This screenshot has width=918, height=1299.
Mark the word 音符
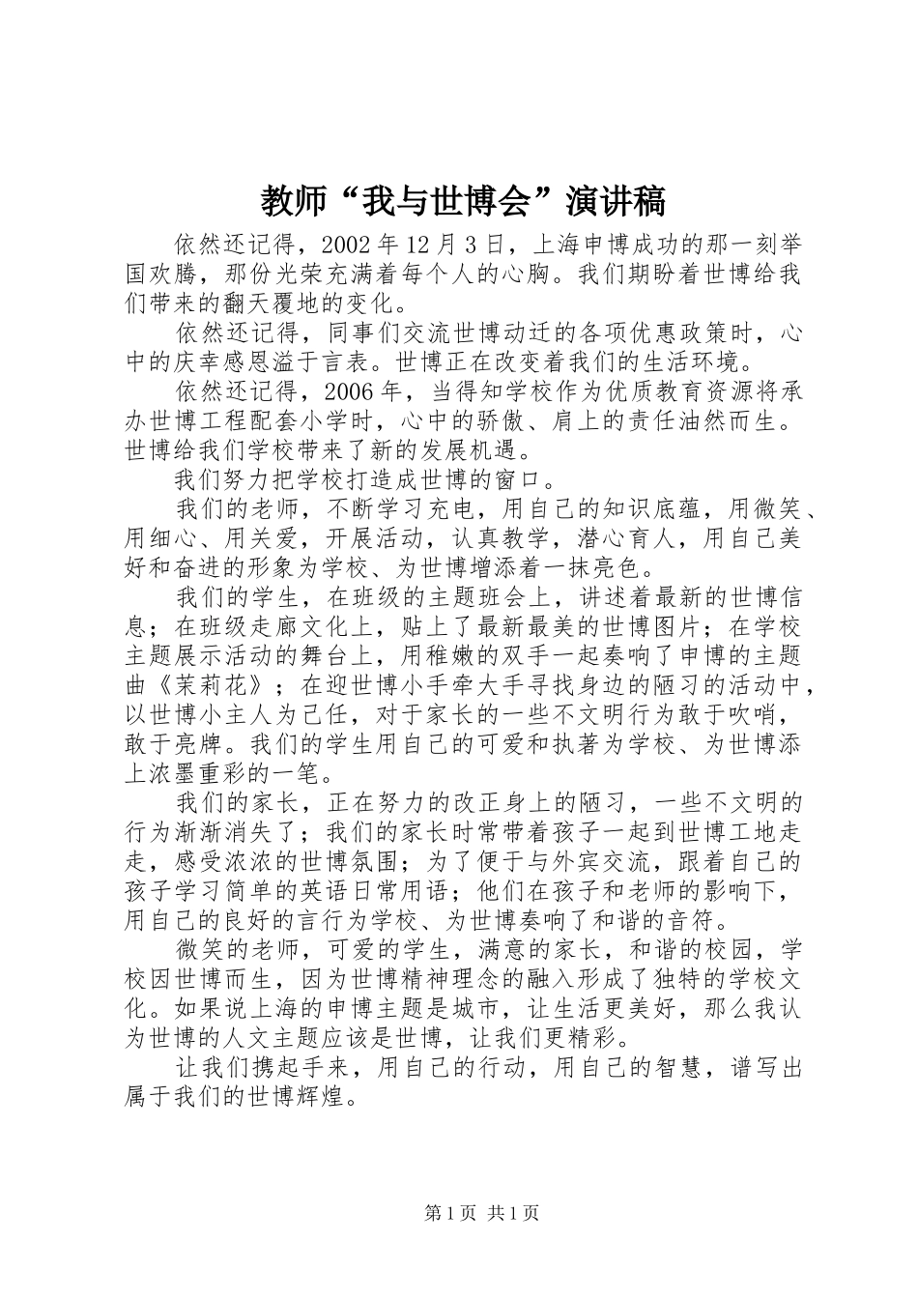coord(697,920)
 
